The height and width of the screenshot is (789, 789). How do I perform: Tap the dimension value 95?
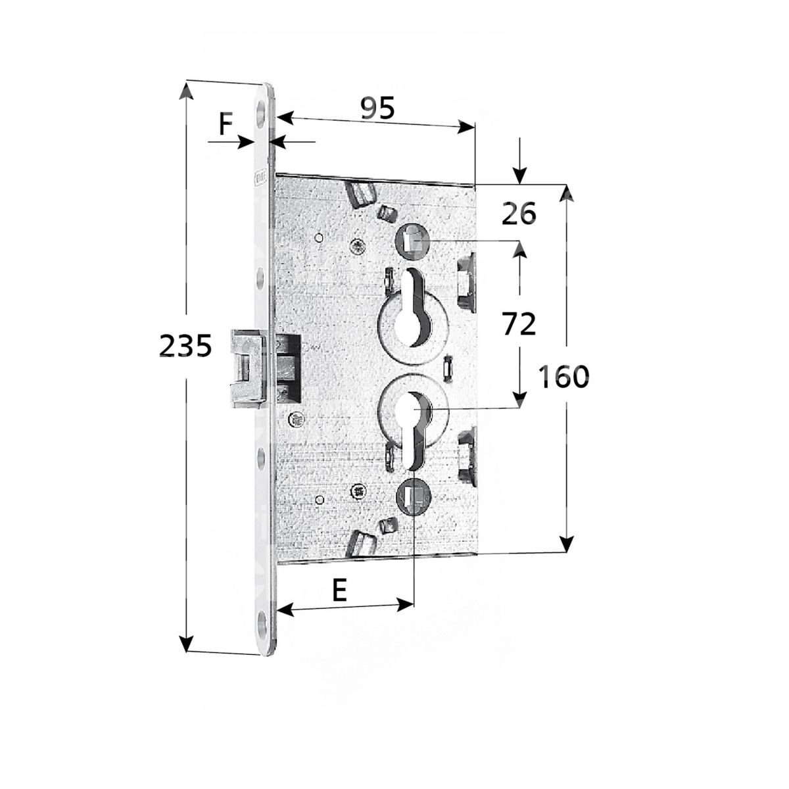pyautogui.click(x=377, y=108)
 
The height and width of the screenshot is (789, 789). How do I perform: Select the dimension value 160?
pyautogui.click(x=563, y=376)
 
